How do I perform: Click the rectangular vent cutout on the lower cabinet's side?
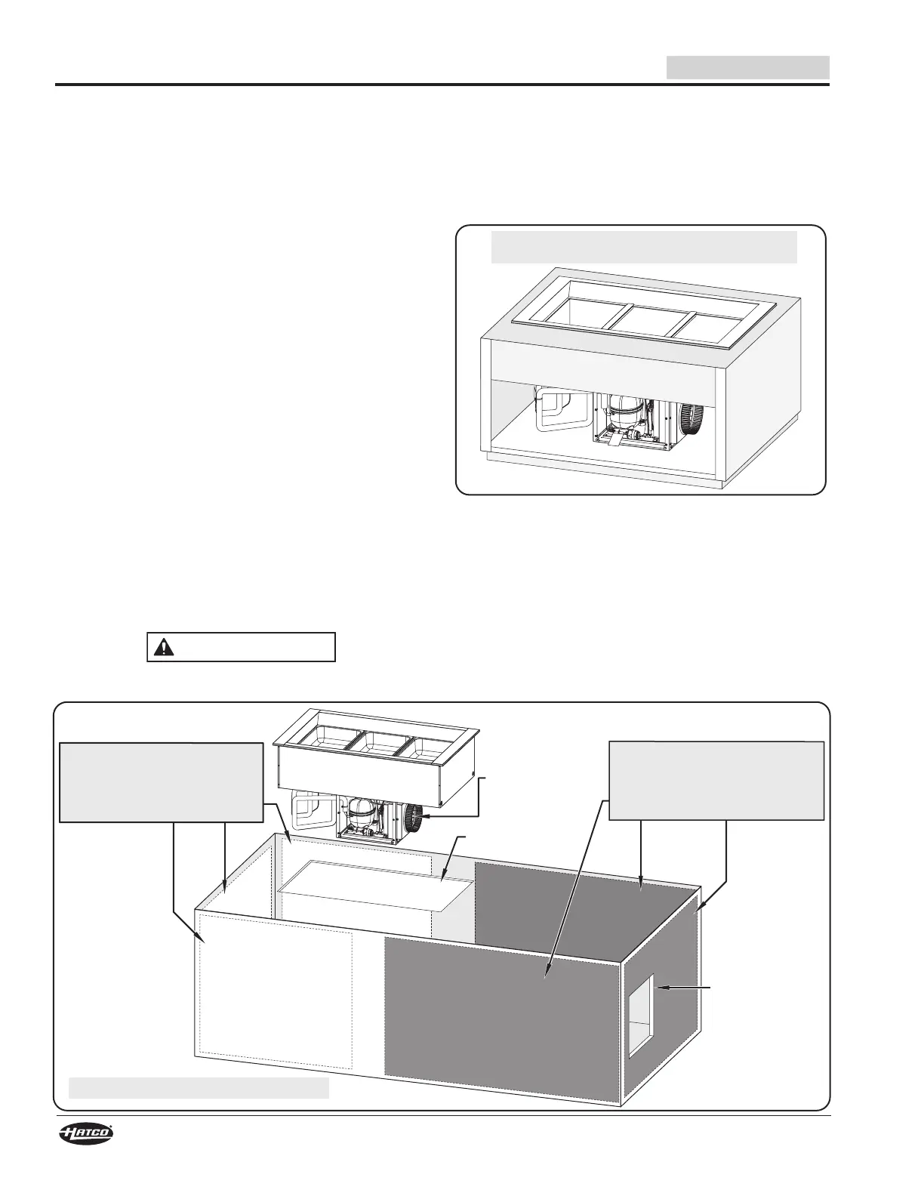641,1014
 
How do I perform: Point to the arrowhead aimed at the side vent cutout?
661,987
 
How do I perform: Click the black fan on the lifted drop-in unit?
414,818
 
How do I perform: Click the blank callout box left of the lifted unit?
162,781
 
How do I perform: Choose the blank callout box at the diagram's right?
716,781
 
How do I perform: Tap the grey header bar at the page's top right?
747,67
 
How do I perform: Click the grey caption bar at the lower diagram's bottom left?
199,1087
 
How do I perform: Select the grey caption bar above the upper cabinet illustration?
643,247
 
